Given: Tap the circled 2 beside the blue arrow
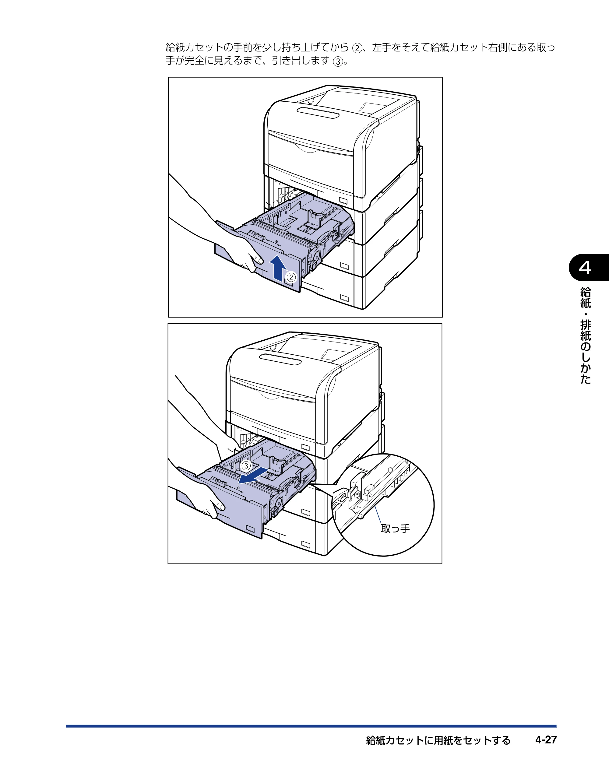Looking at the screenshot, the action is (291, 277).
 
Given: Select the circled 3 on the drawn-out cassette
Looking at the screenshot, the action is (246, 466).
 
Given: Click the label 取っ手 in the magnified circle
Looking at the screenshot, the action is (395, 528).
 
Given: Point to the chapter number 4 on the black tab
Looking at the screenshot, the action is (585, 268).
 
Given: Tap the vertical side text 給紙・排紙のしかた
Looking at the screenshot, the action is (585, 335).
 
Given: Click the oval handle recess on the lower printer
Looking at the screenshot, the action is (280, 359).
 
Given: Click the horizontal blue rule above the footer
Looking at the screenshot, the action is (311, 726).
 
